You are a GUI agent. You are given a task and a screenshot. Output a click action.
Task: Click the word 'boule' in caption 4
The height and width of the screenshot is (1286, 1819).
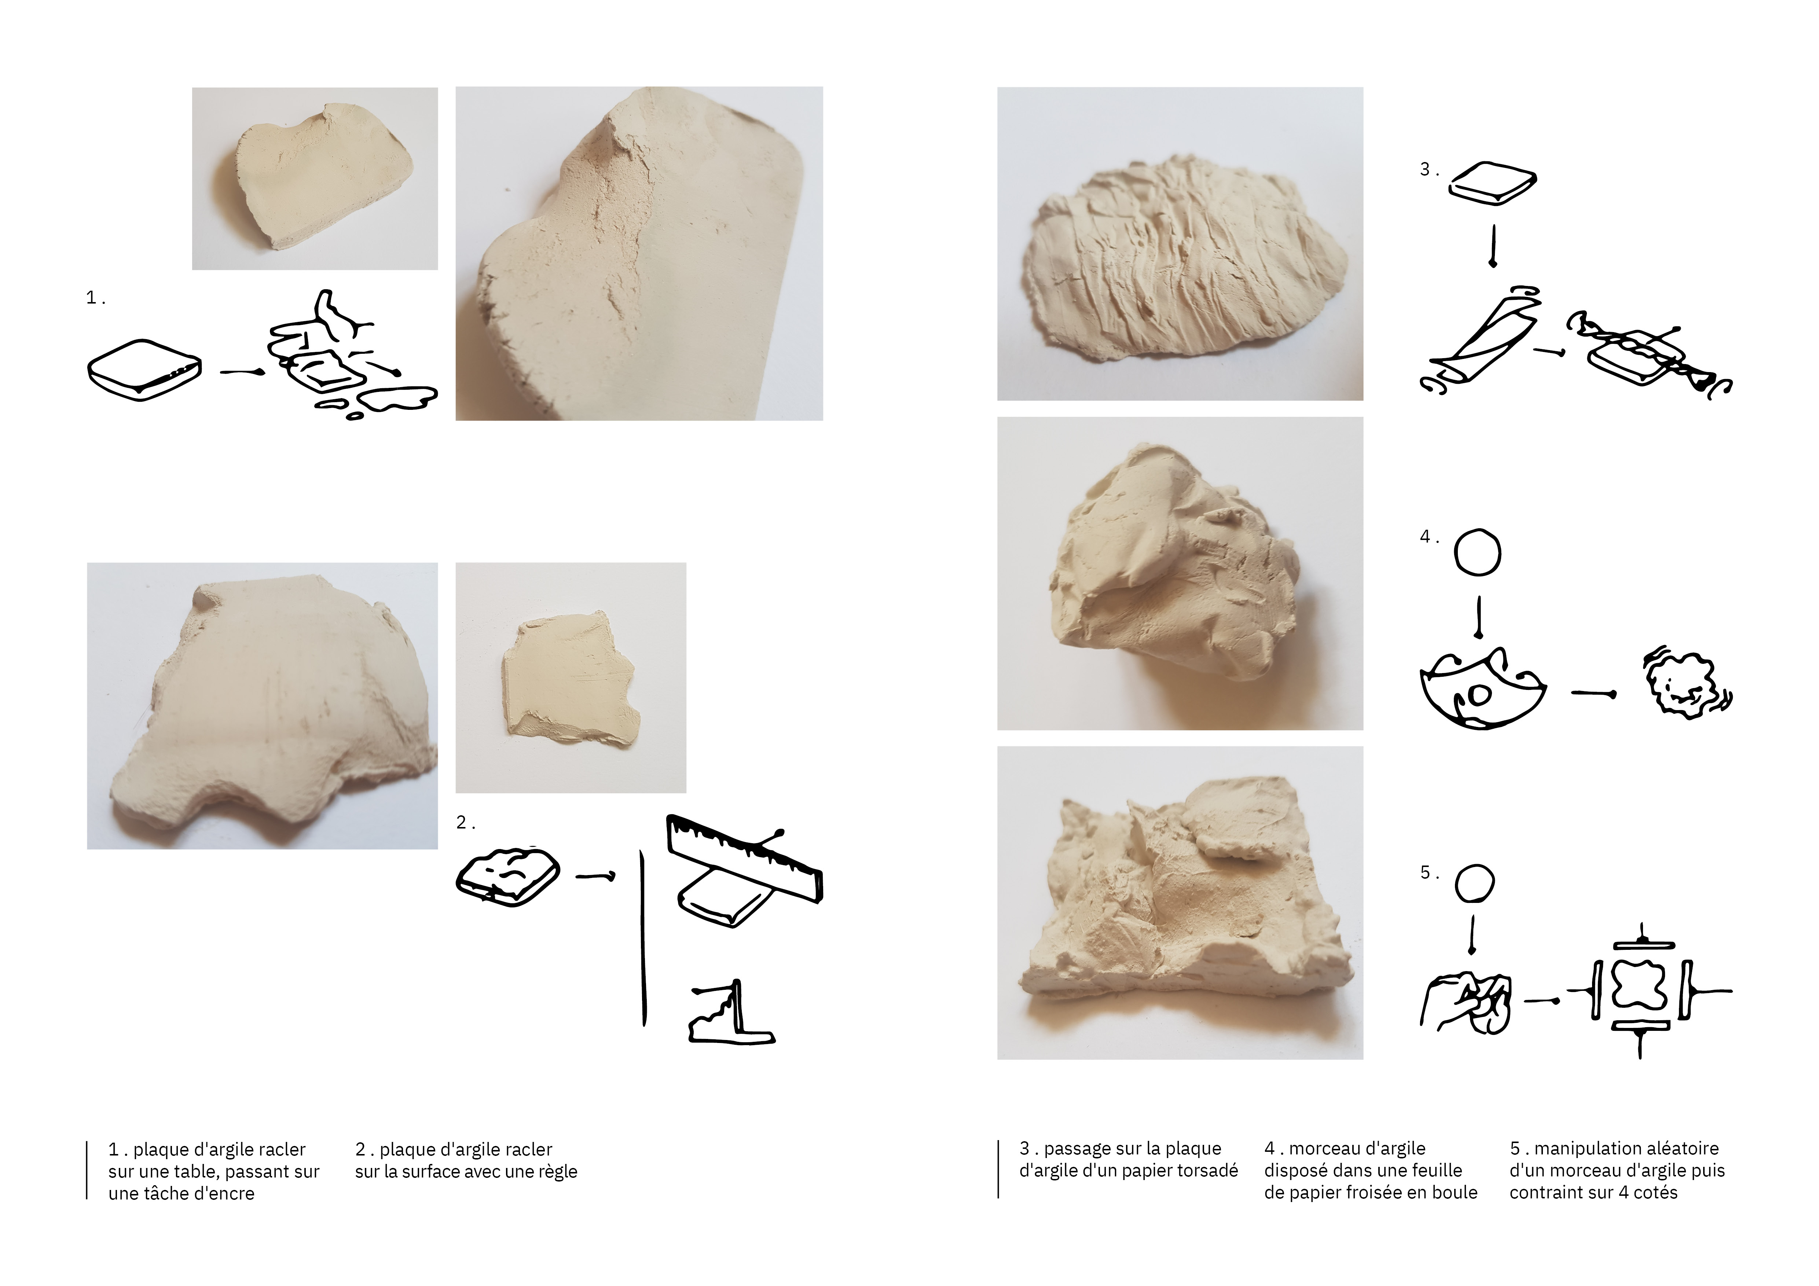pos(1455,1193)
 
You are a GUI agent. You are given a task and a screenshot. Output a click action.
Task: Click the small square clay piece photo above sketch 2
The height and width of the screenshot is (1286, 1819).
pos(571,678)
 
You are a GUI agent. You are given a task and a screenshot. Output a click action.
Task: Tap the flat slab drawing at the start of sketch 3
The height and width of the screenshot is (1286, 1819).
pos(1493,184)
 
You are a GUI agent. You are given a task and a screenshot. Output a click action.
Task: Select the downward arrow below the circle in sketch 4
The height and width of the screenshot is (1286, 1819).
pos(1478,616)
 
